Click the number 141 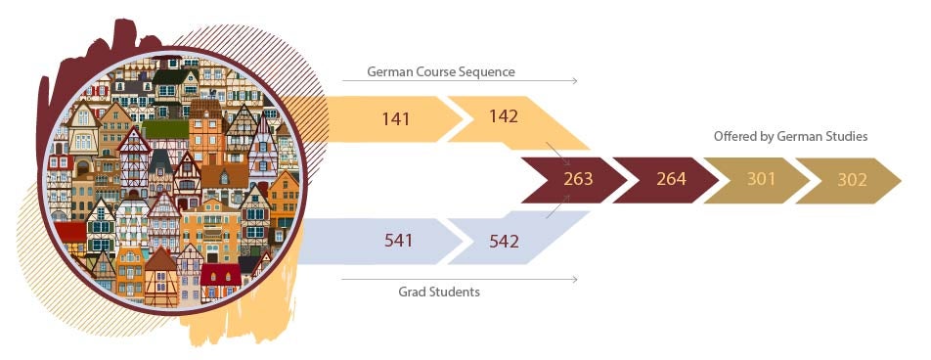pos(396,119)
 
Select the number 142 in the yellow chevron pos(503,117)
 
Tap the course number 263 pos(578,180)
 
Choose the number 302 pos(853,180)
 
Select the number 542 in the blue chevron pos(504,240)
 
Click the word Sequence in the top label pos(487,72)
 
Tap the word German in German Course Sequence pos(388,72)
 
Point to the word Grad pos(414,292)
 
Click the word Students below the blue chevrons pos(456,292)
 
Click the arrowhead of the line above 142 pos(575,81)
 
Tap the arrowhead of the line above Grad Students pos(575,280)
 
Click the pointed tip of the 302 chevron pos(899,181)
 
